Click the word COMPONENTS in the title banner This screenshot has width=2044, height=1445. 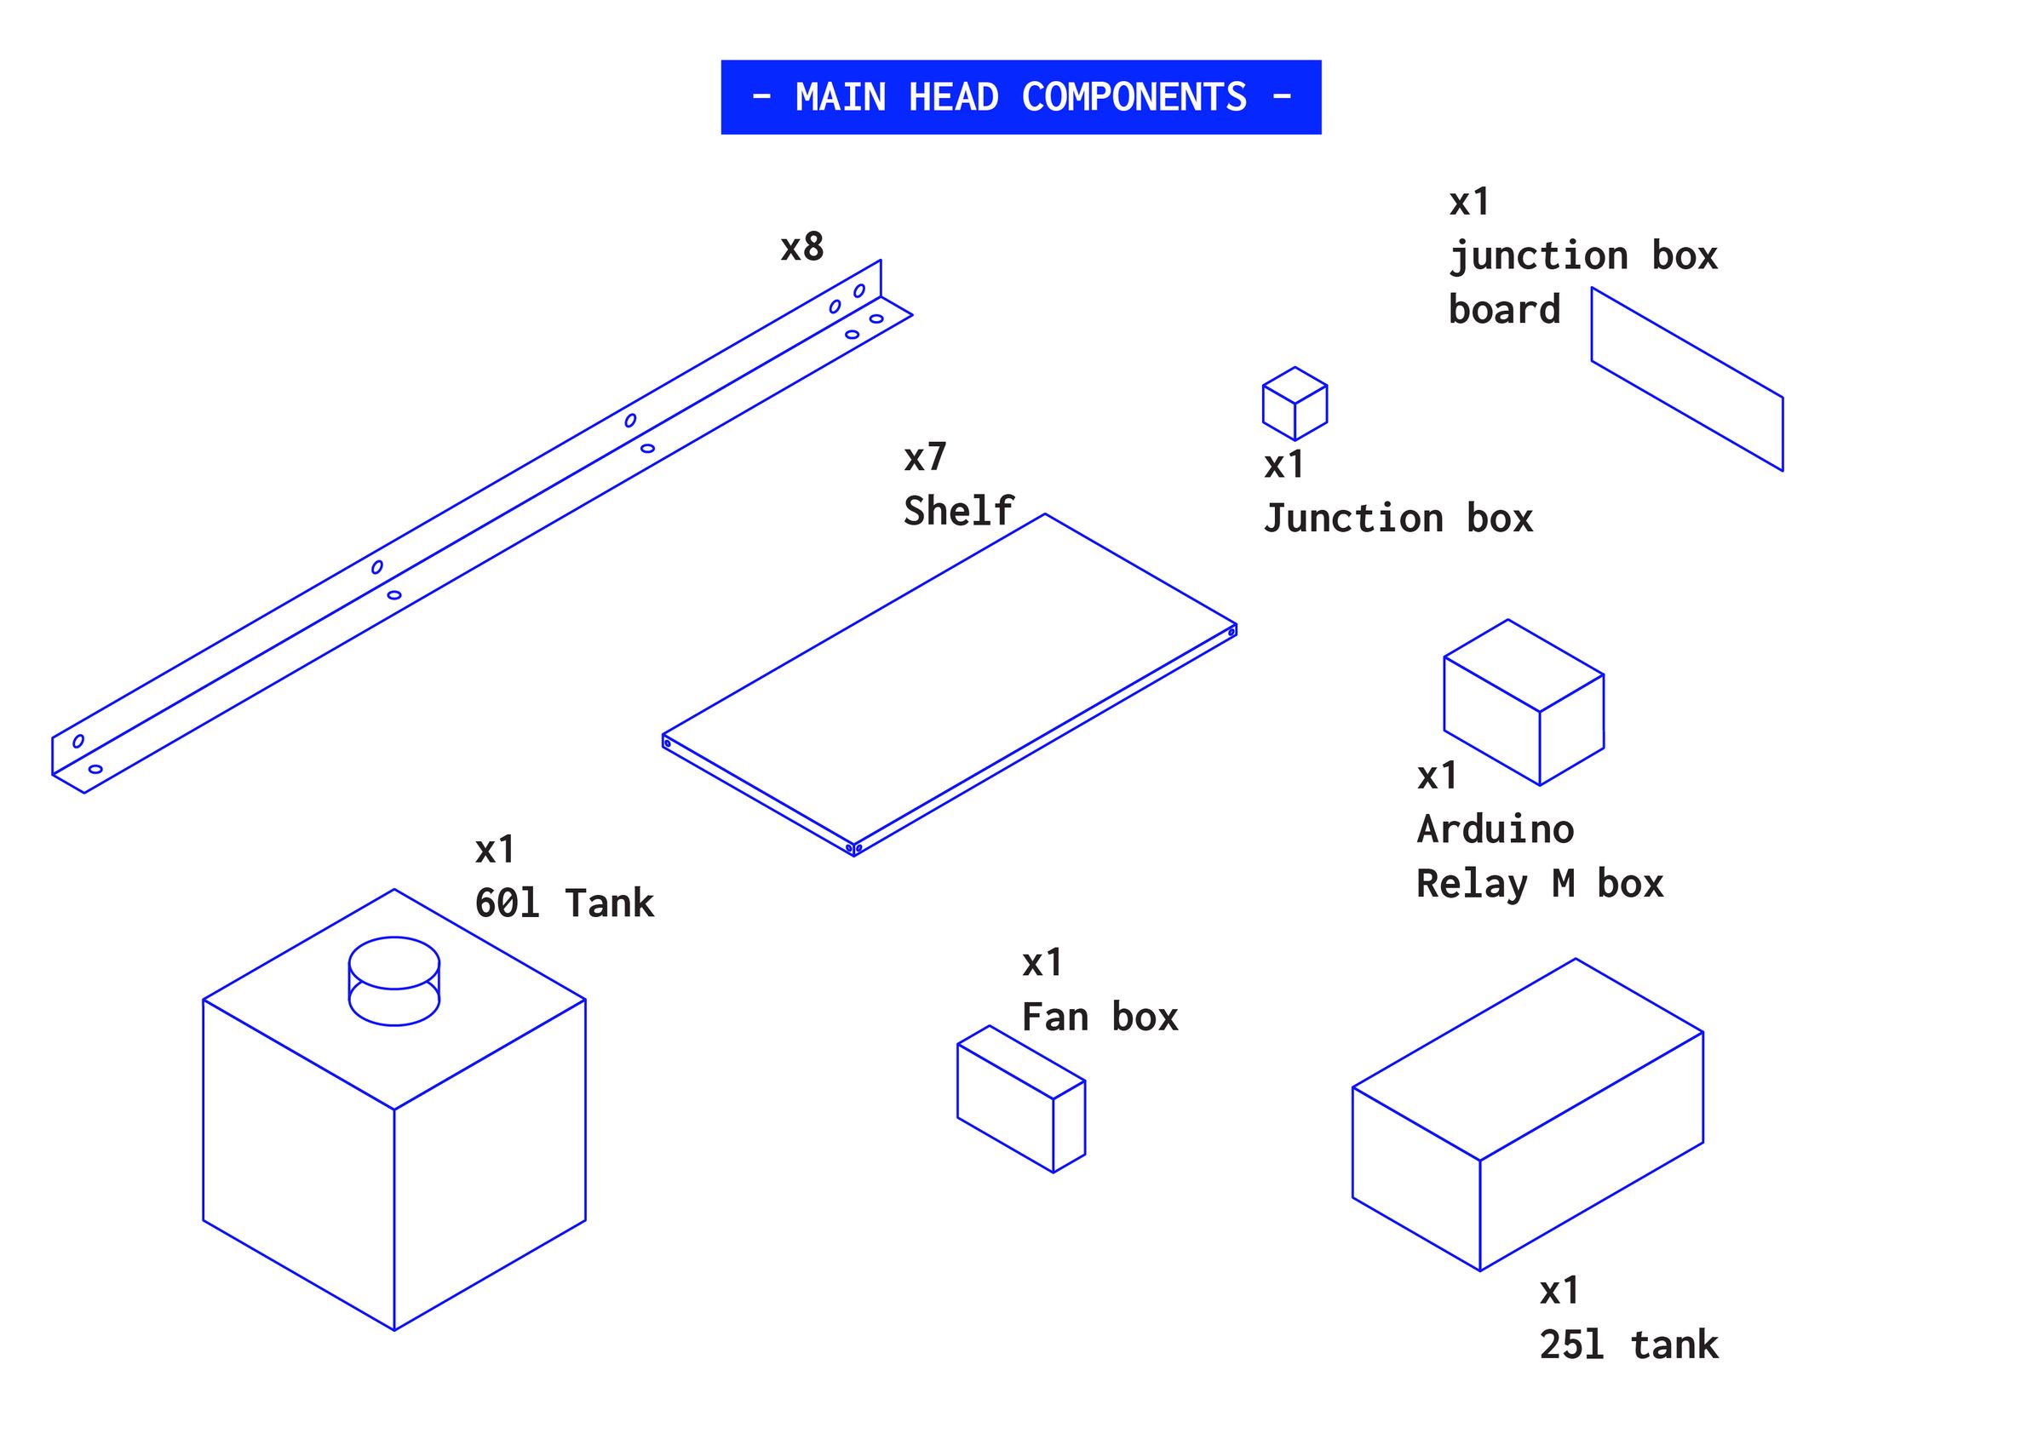pos(1134,97)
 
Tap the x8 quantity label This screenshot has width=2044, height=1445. pos(801,248)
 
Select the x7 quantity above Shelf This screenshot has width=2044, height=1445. pos(925,457)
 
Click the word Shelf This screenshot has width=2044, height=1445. pos(958,511)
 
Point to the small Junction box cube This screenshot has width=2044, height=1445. pos(1295,404)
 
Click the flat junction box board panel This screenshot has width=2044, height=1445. pos(1686,379)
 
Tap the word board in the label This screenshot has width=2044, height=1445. pos(1504,310)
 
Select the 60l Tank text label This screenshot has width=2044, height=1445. pos(564,903)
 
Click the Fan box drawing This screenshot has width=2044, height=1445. pos(1020,1099)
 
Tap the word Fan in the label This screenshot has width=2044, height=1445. pos(1055,1017)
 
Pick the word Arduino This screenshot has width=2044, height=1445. pos(1495,829)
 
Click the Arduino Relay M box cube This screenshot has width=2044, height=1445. pos(1524,703)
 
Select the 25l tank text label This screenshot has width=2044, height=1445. pos(1628,1345)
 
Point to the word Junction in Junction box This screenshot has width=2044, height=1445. pos(1353,519)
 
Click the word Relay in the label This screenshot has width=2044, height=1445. pos(1472,884)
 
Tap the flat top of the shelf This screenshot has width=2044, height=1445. pos(949,681)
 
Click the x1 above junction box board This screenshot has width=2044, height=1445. pos(1468,203)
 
